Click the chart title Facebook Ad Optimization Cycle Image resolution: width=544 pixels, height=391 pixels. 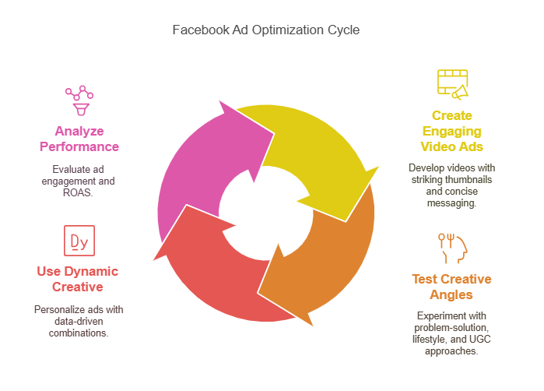coord(266,30)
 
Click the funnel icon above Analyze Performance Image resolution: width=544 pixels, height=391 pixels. coord(79,100)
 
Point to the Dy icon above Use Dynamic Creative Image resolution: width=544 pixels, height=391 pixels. coord(79,241)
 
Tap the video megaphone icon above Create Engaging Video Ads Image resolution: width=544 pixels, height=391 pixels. coord(452,85)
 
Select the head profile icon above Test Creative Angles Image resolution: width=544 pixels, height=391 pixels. coord(452,248)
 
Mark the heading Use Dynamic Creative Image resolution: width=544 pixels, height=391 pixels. coord(78,279)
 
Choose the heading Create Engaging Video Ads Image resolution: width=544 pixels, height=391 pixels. coord(452,131)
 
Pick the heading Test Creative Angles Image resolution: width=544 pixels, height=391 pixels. coord(452,287)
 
